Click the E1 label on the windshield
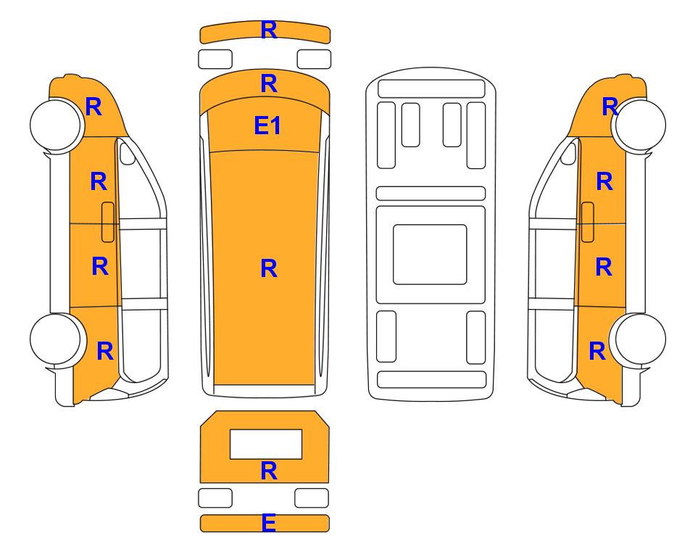[x=267, y=125]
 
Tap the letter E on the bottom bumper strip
[x=269, y=523]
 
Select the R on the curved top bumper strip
[x=269, y=30]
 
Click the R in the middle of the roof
[x=269, y=268]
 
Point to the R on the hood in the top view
[x=269, y=83]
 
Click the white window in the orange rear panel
[x=266, y=444]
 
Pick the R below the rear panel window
[x=269, y=471]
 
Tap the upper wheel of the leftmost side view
[x=57, y=125]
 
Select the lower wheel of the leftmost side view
[x=57, y=339]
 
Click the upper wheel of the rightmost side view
[x=639, y=125]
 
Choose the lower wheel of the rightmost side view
[x=639, y=339]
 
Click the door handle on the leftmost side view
[x=108, y=222]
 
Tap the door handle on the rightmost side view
[x=588, y=222]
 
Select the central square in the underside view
[x=430, y=255]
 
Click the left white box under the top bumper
[x=215, y=59]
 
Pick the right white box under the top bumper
[x=314, y=59]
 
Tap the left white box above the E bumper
[x=215, y=498]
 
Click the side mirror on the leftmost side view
[x=127, y=152]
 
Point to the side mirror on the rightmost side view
[x=568, y=152]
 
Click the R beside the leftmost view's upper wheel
[x=94, y=107]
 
